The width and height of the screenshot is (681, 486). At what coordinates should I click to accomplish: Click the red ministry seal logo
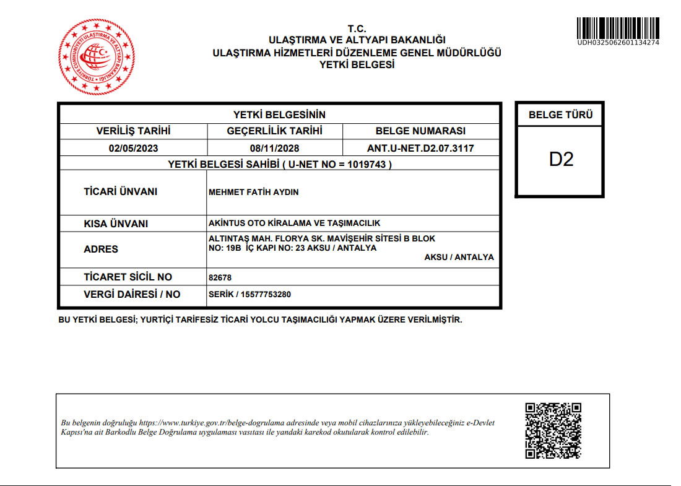click(96, 57)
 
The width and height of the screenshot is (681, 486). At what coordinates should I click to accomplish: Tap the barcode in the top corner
click(618, 27)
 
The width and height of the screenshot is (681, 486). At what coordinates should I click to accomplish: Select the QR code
click(553, 431)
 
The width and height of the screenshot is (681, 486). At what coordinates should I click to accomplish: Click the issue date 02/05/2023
click(133, 149)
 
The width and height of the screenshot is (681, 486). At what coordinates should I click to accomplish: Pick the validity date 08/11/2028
click(274, 149)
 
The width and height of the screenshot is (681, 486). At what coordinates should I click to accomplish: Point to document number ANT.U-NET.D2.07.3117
click(420, 149)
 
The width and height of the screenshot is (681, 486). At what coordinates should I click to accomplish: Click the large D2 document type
click(561, 159)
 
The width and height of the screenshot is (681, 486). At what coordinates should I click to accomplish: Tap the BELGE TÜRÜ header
click(560, 115)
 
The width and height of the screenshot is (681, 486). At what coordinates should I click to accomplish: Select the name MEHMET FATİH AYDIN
click(254, 193)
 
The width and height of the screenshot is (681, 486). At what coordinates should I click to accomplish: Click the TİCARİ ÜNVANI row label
click(121, 192)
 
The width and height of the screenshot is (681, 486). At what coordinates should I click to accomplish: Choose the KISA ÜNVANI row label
click(116, 224)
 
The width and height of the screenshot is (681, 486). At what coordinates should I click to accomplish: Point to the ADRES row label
click(101, 250)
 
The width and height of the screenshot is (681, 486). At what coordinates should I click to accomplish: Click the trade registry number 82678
click(220, 278)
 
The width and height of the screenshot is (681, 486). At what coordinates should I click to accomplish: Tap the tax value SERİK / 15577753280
click(250, 295)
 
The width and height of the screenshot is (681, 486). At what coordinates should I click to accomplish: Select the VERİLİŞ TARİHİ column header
click(133, 131)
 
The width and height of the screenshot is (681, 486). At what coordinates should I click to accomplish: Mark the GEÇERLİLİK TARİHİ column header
click(274, 131)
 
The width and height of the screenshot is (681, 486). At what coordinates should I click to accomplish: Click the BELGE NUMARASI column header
click(420, 131)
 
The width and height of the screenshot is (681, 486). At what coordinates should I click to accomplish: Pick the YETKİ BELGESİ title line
click(357, 64)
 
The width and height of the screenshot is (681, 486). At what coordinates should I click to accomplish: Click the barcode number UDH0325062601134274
click(618, 43)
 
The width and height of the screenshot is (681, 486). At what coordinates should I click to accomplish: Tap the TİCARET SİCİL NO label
click(128, 277)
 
